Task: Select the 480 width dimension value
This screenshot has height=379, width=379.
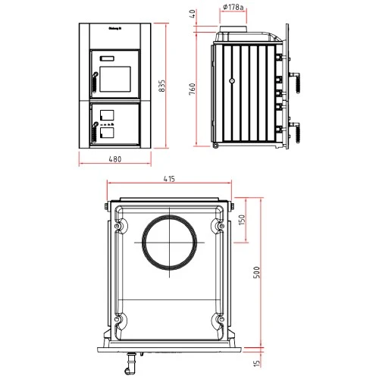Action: click(115, 160)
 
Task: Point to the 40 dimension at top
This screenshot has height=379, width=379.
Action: click(193, 14)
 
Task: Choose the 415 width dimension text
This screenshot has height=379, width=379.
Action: click(169, 179)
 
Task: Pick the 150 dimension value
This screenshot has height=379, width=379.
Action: click(242, 220)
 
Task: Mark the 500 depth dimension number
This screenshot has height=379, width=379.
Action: click(256, 274)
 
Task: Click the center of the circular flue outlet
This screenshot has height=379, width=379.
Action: click(169, 242)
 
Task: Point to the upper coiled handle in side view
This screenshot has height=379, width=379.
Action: click(297, 79)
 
